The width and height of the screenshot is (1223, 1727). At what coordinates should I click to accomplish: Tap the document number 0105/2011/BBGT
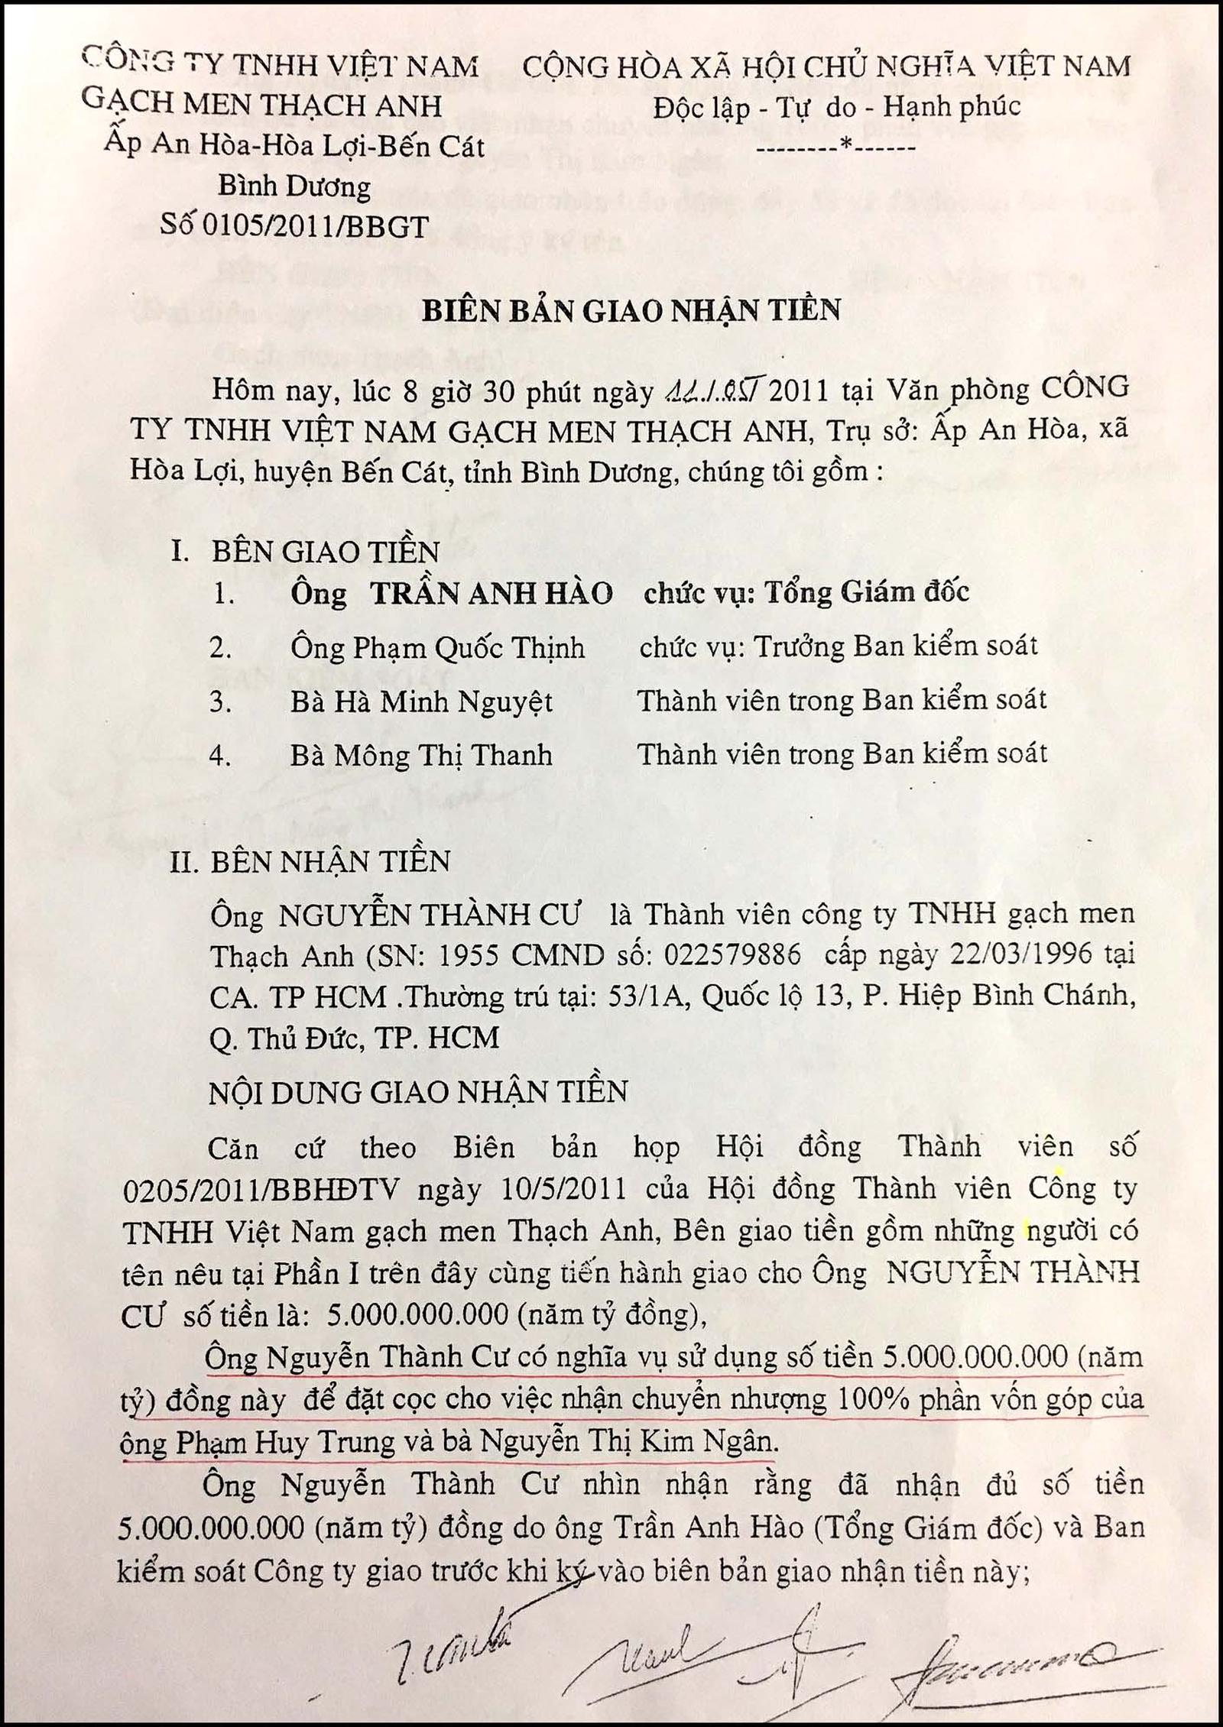coord(317,225)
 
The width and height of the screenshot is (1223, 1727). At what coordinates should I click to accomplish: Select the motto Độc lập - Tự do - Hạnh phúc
coord(836,108)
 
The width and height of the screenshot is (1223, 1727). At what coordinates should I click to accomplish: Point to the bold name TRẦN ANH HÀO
coord(491,594)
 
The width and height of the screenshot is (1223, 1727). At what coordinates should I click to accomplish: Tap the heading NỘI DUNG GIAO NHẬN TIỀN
coord(419,1092)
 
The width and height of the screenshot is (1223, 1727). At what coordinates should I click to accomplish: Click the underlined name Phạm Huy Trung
coord(286,1443)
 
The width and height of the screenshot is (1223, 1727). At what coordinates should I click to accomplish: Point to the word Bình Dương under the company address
coord(294,186)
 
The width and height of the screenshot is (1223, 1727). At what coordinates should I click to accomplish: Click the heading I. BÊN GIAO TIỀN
coord(306,552)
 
